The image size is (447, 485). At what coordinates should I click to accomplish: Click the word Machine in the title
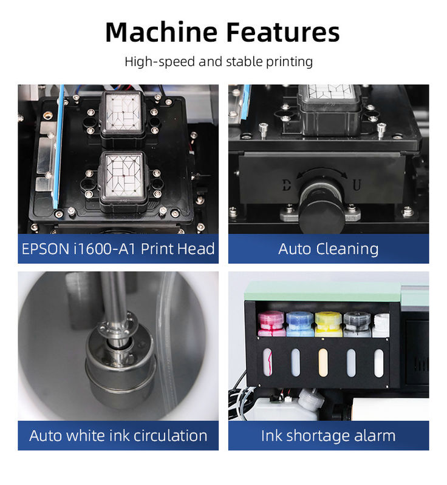coord(161,32)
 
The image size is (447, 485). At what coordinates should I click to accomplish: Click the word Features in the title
coord(283,32)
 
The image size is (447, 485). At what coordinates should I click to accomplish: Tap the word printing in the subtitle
coord(290,62)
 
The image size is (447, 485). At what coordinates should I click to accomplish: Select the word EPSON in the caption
coord(45,249)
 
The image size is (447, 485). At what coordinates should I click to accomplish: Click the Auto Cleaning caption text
coord(329,249)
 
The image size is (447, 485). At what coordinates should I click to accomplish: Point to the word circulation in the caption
coord(170,435)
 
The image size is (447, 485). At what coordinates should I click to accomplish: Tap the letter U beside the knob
coord(357,185)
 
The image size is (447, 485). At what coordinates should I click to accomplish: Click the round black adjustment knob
coord(321,211)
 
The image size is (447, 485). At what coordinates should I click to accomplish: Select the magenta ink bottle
coord(271,324)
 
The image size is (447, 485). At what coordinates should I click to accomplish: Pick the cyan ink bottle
coord(299,324)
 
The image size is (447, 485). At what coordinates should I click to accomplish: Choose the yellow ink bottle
coord(329,324)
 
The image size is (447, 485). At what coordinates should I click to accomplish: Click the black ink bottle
coord(357,324)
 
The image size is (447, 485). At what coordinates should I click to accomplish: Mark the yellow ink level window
coord(323,363)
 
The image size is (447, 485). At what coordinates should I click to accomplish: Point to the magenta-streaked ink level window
coord(268,362)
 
